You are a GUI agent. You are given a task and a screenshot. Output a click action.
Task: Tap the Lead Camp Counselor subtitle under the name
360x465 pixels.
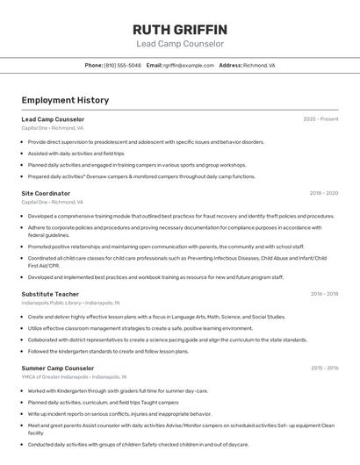pyautogui.click(x=180, y=43)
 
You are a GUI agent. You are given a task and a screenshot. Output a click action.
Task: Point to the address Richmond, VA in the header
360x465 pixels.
pyautogui.click(x=259, y=65)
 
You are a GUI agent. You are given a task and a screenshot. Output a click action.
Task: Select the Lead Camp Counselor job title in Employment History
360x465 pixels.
pyautogui.click(x=53, y=118)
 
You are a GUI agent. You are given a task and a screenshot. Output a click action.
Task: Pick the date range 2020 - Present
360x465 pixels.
pyautogui.click(x=320, y=118)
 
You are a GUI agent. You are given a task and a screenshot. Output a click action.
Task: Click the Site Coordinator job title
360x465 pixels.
pyautogui.click(x=46, y=193)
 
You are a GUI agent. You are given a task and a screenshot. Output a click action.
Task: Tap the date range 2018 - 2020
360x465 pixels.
pyautogui.click(x=323, y=193)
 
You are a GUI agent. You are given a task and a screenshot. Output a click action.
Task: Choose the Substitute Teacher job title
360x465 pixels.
pyautogui.click(x=50, y=294)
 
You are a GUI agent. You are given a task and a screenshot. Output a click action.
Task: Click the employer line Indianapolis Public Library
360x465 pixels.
pyautogui.click(x=70, y=303)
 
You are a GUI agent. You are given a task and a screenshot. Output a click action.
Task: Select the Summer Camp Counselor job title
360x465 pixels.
pyautogui.click(x=57, y=368)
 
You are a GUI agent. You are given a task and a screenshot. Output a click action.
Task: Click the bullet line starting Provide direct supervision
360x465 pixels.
pyautogui.click(x=146, y=141)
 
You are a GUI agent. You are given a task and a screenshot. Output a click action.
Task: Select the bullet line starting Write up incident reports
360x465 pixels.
pyautogui.click(x=119, y=413)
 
